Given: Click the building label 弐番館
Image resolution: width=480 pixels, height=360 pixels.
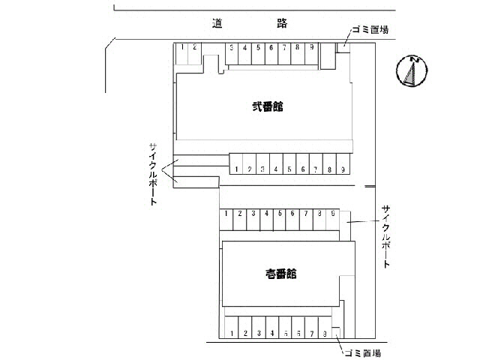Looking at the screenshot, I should coord(268,106).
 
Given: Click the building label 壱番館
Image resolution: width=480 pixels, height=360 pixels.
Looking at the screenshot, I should coord(280,273).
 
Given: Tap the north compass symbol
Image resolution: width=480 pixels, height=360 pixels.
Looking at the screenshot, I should coord(410,72).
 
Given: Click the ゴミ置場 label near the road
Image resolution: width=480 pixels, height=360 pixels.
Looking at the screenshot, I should coord(369,31).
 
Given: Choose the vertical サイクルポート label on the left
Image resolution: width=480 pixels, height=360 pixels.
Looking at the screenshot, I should coord(154,174).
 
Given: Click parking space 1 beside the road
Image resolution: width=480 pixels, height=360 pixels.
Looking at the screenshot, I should coord(183,47).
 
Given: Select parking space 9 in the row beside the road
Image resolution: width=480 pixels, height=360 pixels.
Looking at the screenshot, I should coord(310,48).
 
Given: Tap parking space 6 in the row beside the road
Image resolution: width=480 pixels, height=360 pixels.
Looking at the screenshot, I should coord(271,48).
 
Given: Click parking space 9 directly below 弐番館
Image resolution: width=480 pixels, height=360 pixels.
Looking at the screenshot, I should coord(342,169).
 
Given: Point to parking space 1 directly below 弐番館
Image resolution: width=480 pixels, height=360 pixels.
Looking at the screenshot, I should coord(236,169).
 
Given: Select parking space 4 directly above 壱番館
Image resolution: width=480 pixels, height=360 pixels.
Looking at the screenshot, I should coord(266,214).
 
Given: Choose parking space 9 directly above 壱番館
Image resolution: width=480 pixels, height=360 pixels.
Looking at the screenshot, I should coord(331,214).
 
